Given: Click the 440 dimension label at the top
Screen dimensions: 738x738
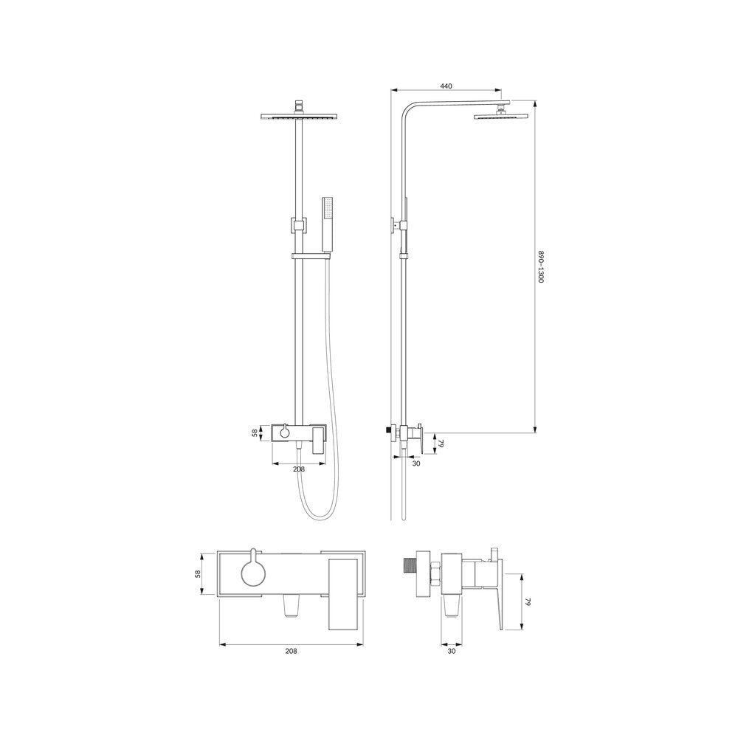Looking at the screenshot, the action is (446, 86).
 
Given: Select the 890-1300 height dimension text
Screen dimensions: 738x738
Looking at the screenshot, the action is (541, 266).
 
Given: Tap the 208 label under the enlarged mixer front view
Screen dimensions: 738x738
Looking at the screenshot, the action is (292, 651).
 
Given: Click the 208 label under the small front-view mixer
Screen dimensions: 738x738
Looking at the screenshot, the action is (299, 469).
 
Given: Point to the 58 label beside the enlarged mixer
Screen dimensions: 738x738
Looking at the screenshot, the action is (198, 573).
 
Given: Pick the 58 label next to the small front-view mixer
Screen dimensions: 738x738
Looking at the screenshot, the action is (255, 432).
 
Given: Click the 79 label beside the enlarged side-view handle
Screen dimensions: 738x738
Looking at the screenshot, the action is (528, 602).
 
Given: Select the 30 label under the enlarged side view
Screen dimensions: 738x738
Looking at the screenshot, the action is (452, 652).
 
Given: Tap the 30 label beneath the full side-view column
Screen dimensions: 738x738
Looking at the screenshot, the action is (416, 463).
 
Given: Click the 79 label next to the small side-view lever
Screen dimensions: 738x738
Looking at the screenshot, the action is (441, 444).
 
